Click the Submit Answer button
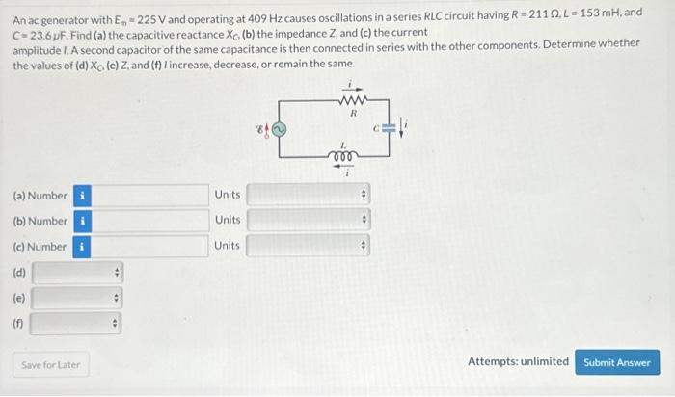coord(617,362)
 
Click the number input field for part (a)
coord(150,195)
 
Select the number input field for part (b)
coord(150,221)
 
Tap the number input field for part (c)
coord(150,246)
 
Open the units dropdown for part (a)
coord(309,195)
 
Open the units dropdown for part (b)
coord(309,221)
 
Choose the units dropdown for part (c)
coord(309,246)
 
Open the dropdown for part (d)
coord(77,273)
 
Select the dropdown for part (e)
coord(77,298)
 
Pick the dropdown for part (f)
coord(77,324)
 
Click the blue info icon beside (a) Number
coord(83,196)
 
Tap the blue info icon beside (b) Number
coord(83,221)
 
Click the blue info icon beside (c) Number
coord(83,247)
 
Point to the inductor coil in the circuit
coord(339,155)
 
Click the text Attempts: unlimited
coord(518,362)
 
